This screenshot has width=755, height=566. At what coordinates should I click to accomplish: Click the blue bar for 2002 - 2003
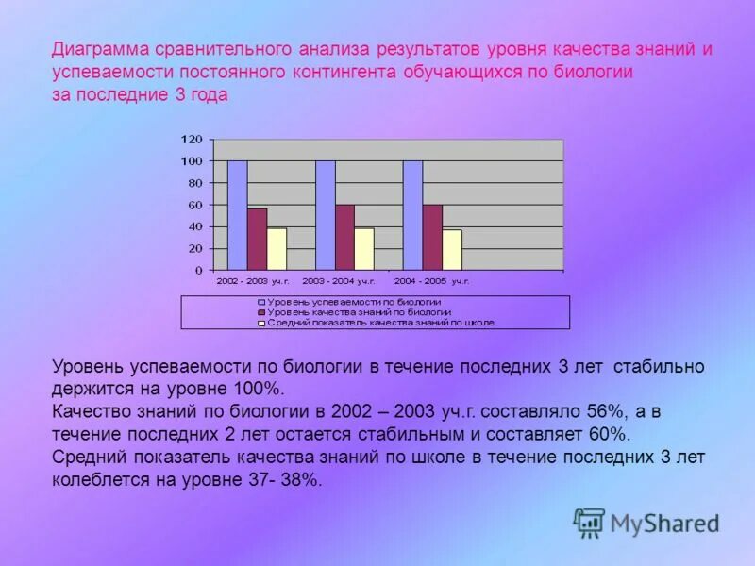click(x=237, y=215)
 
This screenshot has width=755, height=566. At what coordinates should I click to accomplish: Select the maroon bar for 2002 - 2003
click(x=257, y=240)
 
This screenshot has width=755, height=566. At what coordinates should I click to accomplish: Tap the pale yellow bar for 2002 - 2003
click(x=277, y=249)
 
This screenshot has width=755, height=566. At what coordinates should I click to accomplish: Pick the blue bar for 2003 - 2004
click(x=325, y=215)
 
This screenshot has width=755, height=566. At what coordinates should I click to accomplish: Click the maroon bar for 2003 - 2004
click(x=344, y=238)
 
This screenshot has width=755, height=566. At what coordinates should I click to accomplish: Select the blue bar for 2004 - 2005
click(x=412, y=215)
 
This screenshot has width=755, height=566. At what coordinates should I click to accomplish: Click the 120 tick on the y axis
click(x=192, y=140)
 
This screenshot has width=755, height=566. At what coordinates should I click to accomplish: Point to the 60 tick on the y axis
click(x=195, y=205)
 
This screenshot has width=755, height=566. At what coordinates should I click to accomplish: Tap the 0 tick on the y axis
click(x=198, y=271)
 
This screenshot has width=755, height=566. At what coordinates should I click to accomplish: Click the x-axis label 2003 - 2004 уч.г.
click(x=339, y=281)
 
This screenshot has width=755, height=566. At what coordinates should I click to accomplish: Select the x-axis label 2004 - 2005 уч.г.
click(x=431, y=281)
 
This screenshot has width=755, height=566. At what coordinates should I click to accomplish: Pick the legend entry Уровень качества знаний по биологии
click(x=359, y=312)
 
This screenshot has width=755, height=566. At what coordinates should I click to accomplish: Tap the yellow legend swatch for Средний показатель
click(x=261, y=323)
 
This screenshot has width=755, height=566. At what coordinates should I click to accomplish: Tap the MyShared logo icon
click(x=589, y=522)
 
